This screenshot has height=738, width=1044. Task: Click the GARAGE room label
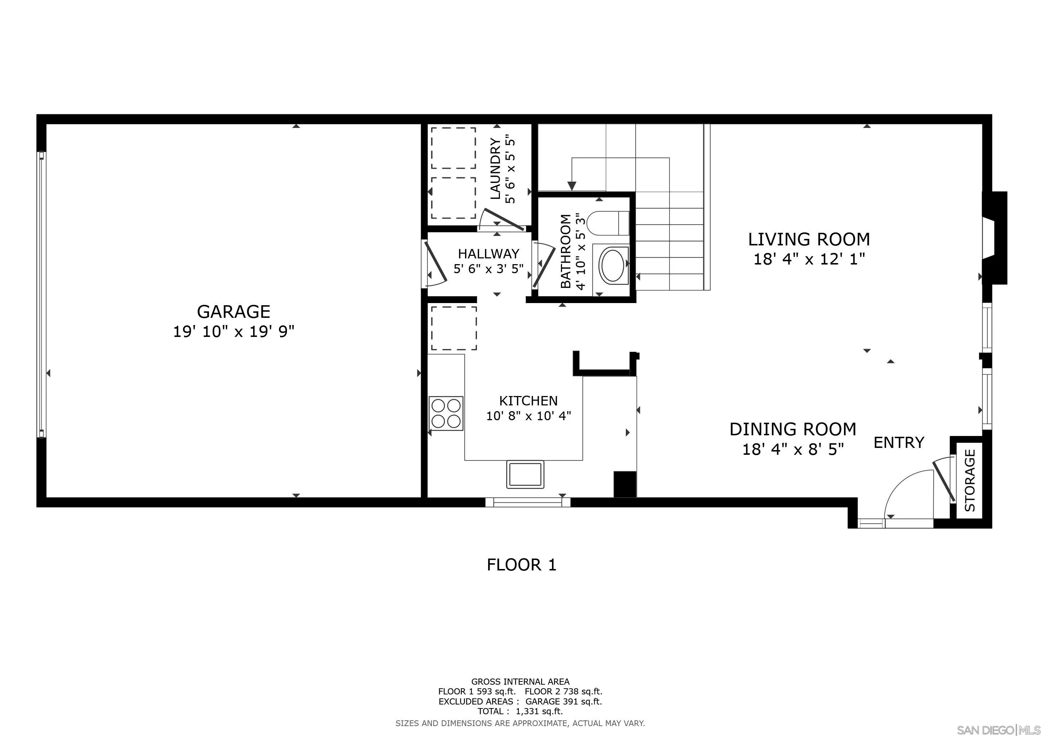[x=233, y=312]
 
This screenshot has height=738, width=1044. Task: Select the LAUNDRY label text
[x=496, y=169]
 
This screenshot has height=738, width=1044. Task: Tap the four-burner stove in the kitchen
[x=446, y=414]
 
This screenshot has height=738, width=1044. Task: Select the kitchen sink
[x=525, y=475]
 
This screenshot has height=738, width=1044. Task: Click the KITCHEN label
[x=528, y=400]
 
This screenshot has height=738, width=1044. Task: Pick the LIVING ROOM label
[x=809, y=239]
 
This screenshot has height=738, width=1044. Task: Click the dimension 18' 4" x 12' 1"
[x=809, y=259]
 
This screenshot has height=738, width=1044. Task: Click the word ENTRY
[x=899, y=442]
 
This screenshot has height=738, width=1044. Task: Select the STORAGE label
[x=970, y=480]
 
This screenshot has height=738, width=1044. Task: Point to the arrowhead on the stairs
[x=572, y=186]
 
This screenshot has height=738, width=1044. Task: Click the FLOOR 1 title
[x=522, y=565]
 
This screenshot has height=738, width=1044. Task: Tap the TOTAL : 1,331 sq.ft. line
[x=520, y=711]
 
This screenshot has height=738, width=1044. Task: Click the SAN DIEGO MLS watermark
[x=999, y=730]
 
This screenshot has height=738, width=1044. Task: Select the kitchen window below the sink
[x=527, y=502]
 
